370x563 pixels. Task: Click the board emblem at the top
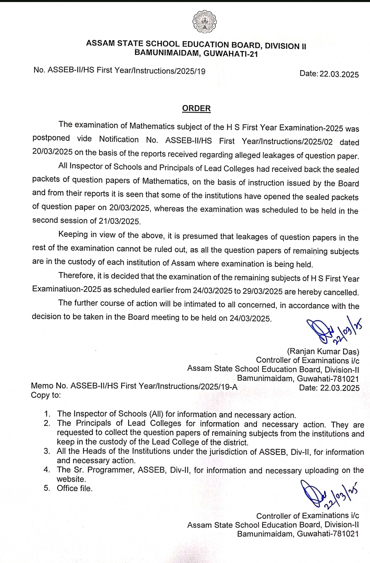click(x=205, y=22)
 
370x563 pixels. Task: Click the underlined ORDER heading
click(x=196, y=108)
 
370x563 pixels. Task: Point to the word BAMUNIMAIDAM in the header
click(x=167, y=52)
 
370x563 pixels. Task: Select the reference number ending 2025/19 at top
click(x=120, y=71)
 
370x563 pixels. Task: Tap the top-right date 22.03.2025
click(x=339, y=74)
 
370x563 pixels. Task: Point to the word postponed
click(x=51, y=138)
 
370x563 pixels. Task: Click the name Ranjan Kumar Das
click(x=323, y=351)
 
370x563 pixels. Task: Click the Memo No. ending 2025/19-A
click(x=134, y=386)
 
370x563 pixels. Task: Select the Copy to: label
click(x=46, y=395)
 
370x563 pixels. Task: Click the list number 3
click(x=47, y=451)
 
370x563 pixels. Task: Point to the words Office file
click(x=75, y=488)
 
